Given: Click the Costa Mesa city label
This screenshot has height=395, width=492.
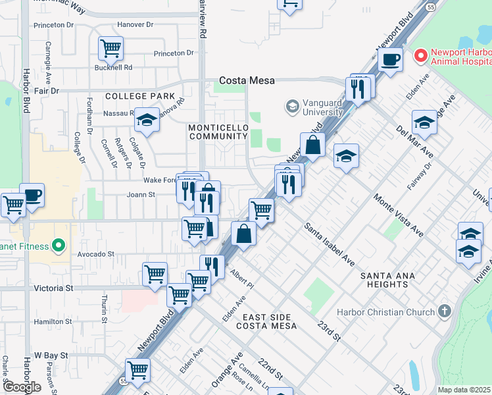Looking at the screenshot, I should point(247,80).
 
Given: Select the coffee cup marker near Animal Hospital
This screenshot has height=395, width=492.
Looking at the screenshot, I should point(391,59).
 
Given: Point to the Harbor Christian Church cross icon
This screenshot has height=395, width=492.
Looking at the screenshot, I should point(444,311).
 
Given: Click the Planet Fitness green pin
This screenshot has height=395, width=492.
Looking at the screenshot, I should point(58,246).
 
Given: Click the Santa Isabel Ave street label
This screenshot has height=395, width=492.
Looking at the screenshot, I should point(330,244).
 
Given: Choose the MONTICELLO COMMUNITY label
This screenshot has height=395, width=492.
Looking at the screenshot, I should point(217,131).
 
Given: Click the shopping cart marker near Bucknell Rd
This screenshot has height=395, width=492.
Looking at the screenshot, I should point(111,47).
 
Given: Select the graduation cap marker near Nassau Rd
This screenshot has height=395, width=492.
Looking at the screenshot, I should point(147,120).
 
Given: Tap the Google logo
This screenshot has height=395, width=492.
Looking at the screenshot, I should point(22,387).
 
